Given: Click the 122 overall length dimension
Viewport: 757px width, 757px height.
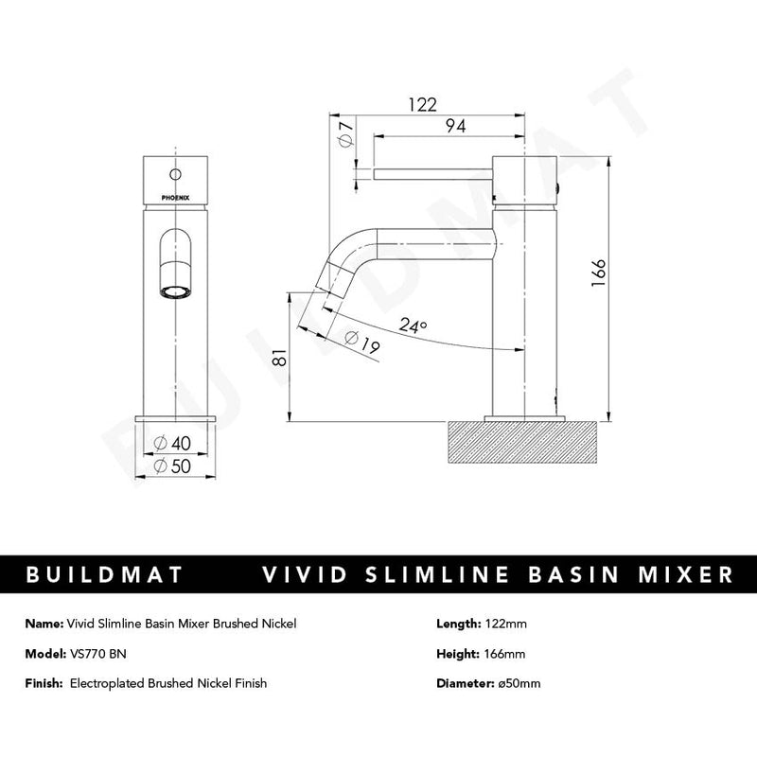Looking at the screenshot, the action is click(422, 105).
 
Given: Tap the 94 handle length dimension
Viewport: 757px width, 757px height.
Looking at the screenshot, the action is click(456, 126).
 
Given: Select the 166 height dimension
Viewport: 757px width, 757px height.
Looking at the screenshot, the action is click(599, 273).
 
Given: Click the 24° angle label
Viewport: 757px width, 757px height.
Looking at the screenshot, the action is click(413, 326).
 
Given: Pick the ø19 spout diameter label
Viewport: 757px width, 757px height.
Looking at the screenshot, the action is click(362, 343).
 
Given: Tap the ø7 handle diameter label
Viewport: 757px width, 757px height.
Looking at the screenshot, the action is click(346, 134).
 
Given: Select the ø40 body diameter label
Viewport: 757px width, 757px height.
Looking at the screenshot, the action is click(172, 443).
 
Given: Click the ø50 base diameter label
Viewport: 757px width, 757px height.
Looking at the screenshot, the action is click(172, 466).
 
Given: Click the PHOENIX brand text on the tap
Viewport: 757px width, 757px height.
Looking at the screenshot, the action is click(175, 198).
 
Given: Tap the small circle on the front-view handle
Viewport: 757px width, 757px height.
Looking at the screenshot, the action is click(175, 173).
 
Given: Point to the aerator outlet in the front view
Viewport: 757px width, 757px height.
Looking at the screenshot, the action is click(175, 292).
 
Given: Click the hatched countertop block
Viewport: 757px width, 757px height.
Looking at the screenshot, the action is click(523, 442).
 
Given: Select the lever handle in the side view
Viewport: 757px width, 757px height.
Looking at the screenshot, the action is click(432, 174).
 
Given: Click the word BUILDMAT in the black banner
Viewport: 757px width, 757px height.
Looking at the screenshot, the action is click(104, 574).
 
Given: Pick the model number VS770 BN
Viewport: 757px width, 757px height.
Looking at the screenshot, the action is click(98, 654).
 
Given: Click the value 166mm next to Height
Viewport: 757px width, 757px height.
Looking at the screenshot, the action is click(504, 654).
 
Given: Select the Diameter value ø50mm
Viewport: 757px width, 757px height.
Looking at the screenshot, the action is click(519, 683).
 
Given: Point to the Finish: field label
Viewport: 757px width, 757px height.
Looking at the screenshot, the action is click(44, 683).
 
